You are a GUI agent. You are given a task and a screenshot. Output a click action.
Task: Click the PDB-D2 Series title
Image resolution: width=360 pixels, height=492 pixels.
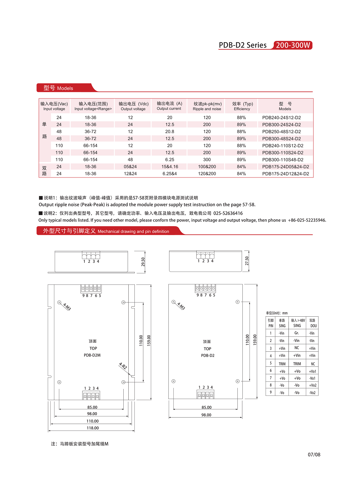point(242,45)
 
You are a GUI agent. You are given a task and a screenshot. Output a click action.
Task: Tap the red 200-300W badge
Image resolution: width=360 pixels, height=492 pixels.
point(293,45)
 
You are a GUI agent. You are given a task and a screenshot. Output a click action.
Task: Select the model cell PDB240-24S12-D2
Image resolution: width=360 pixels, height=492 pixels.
point(281,117)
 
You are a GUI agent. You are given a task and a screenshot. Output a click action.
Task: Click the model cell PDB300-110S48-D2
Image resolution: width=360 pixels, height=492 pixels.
point(282,160)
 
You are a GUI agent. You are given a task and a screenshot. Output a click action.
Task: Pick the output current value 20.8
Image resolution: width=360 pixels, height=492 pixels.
point(169,132)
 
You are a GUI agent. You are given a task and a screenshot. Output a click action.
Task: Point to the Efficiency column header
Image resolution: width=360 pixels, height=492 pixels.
point(242,106)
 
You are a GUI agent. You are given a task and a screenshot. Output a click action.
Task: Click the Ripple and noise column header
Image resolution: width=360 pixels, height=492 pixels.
point(207,106)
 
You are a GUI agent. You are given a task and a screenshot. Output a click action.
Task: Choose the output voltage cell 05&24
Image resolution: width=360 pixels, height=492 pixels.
point(130,167)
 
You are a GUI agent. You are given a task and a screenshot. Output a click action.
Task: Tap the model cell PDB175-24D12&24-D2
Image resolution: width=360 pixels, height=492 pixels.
point(285,174)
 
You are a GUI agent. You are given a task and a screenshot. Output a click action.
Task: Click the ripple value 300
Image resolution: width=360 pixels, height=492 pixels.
point(207,160)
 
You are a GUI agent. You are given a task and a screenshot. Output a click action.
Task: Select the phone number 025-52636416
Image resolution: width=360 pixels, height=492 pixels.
point(228,213)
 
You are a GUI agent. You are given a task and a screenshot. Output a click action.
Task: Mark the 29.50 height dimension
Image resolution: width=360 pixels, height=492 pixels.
point(143,262)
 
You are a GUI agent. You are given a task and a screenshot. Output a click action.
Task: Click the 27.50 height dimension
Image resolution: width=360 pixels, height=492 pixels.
point(247,261)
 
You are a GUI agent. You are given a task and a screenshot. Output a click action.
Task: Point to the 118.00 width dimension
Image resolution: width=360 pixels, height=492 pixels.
point(93,428)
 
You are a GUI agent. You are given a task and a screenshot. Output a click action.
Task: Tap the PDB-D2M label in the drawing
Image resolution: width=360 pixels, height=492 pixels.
point(92,355)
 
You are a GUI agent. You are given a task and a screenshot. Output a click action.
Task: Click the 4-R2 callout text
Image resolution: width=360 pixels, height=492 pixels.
point(123,366)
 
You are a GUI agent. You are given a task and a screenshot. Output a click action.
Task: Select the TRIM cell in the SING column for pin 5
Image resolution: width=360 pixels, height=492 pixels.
point(282,364)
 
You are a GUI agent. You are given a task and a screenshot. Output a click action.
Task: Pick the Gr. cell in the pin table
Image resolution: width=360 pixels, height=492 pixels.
point(297,333)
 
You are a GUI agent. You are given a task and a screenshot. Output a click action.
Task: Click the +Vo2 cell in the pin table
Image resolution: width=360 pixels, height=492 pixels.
point(312,385)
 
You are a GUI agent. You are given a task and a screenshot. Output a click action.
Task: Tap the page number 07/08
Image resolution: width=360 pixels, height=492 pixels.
point(314,455)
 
